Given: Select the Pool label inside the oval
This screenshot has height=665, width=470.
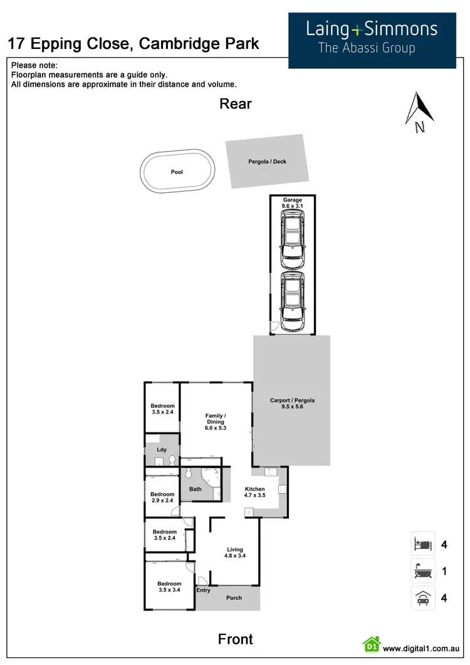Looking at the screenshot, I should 177,172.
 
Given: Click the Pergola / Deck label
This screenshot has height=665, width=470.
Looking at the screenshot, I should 267,162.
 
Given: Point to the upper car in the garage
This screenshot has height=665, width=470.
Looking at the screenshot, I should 292,237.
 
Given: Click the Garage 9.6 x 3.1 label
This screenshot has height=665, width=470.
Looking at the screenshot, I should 292,203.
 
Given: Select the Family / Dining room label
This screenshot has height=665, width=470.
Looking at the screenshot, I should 216,422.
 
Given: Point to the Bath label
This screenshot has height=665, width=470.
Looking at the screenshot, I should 196,489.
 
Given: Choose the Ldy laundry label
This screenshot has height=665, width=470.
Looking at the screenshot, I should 161,449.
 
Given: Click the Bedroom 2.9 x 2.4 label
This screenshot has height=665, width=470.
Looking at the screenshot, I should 162,498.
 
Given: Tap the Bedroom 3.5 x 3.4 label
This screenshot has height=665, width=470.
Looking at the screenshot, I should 169,587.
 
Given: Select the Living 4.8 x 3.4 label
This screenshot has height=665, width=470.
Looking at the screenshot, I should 234,553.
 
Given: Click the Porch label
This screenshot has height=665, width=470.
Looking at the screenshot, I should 234,598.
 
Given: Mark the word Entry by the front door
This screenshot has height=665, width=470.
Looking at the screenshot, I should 204,590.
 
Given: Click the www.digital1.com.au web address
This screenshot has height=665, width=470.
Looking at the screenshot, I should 422,649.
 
